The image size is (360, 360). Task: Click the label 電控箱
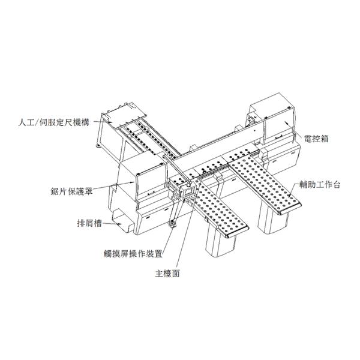315,138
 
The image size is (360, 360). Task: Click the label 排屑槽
88,224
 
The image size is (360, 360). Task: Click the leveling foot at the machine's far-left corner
98,146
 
